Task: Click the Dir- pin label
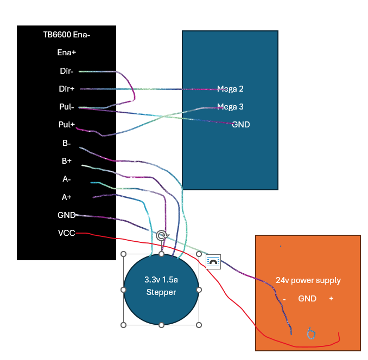(67, 71)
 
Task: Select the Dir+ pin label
(67, 88)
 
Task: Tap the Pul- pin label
(67, 107)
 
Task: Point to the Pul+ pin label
(67, 125)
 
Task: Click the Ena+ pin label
(67, 53)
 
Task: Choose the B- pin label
(67, 143)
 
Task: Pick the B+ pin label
(67, 161)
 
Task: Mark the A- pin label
(67, 179)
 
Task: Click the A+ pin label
(67, 197)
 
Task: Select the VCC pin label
(67, 233)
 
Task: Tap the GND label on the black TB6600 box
(67, 215)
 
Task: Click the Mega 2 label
(230, 89)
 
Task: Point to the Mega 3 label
(230, 107)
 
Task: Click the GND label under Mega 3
(241, 125)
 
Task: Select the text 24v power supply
(308, 280)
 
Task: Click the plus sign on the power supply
(331, 298)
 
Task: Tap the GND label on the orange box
(307, 299)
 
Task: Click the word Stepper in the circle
(161, 292)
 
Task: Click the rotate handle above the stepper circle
(162, 235)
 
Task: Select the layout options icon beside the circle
(213, 262)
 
